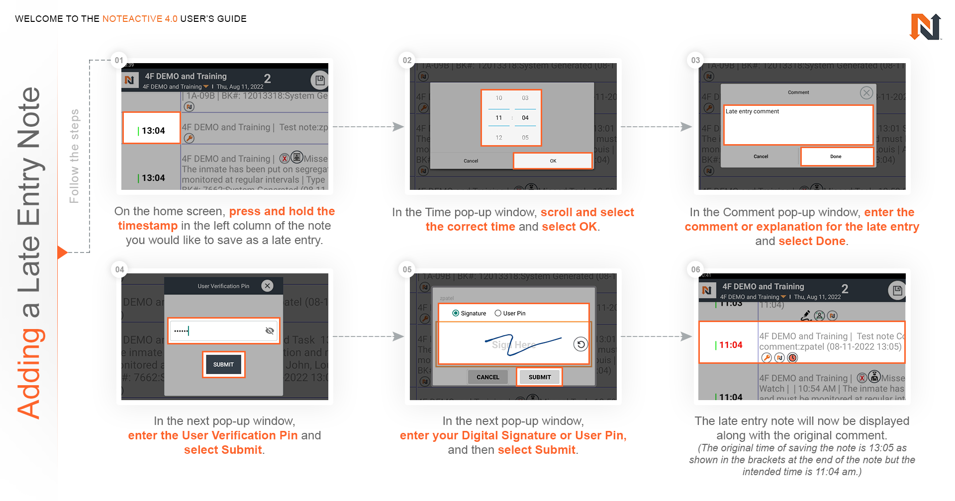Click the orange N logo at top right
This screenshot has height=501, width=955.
925,27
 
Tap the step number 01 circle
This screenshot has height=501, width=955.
119,60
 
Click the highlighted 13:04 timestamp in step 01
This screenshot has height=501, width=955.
152,130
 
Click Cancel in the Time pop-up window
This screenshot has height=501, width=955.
471,161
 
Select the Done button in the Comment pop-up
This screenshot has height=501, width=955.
836,157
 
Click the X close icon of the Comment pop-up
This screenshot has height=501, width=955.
866,92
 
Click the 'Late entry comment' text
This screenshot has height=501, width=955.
752,111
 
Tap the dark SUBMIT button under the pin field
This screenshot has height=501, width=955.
223,364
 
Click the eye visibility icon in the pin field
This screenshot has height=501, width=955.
270,331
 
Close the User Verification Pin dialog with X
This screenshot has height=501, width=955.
268,286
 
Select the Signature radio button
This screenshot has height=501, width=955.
456,313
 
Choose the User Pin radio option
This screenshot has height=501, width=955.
498,313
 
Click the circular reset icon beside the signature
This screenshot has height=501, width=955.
580,344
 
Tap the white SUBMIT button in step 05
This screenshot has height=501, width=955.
540,377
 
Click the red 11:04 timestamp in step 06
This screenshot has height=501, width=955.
730,345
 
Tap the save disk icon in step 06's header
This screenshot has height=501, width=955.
897,291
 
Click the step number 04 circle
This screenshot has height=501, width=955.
119,269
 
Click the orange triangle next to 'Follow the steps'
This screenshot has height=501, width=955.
62,252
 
